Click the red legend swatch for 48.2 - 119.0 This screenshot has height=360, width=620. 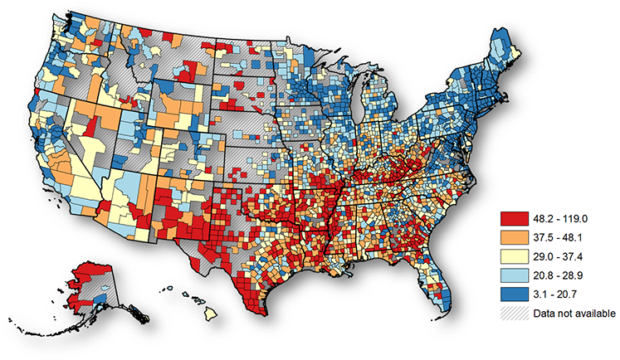coord(514,220)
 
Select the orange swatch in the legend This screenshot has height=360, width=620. coord(514,238)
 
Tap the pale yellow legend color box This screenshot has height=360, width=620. coord(514,257)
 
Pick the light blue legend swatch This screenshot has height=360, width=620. coord(514,275)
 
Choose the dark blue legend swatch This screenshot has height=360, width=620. coord(514,294)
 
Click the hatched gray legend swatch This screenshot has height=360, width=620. coord(514,313)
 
